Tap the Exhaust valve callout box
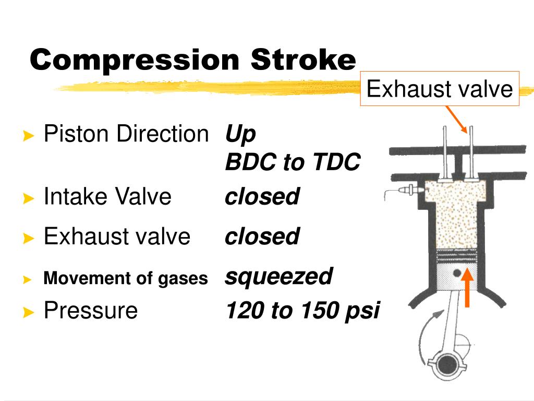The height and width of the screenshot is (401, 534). click(439, 89)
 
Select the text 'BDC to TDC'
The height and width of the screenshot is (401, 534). click(293, 163)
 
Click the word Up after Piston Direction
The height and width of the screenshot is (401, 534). click(240, 135)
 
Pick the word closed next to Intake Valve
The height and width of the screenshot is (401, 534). click(262, 197)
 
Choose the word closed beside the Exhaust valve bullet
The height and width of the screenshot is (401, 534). click(262, 236)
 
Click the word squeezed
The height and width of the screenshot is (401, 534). click(278, 276)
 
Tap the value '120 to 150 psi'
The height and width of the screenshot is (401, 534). click(302, 311)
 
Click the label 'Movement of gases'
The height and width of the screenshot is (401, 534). click(126, 278)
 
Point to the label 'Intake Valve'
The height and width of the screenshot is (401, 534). click(107, 197)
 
